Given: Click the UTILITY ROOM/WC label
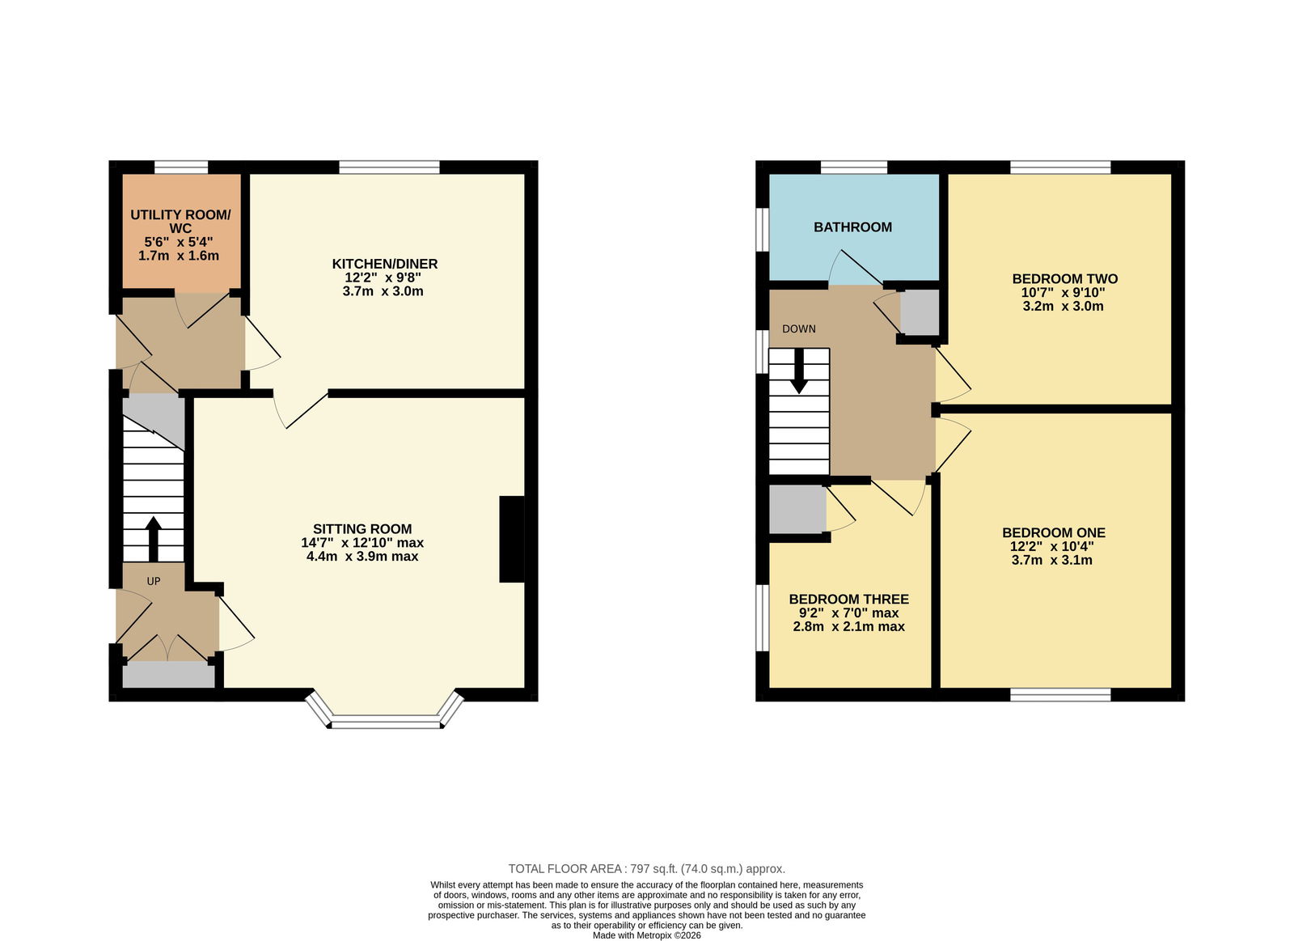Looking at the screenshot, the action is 180,222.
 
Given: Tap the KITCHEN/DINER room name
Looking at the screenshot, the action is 385,264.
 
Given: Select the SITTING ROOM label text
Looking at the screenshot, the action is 362,529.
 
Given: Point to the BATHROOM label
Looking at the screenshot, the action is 852,227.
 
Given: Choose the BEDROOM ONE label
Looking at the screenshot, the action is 1054,532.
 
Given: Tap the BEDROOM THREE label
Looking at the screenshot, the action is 848,599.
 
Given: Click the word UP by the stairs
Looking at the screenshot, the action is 153,582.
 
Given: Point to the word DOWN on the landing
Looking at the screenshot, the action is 799,329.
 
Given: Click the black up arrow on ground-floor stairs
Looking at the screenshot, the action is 153,539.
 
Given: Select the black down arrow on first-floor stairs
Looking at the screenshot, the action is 799,371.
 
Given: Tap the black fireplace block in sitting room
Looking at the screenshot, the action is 512,539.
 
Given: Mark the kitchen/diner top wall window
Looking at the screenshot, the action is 389,167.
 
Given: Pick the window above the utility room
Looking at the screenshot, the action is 181,167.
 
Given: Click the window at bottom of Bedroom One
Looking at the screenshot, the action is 1060,695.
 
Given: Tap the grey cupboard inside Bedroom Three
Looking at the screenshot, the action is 797,509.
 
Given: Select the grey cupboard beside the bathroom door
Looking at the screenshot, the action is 920,312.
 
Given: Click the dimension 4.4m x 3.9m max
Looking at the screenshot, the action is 362,557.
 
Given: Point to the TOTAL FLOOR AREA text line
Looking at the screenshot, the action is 646,869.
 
